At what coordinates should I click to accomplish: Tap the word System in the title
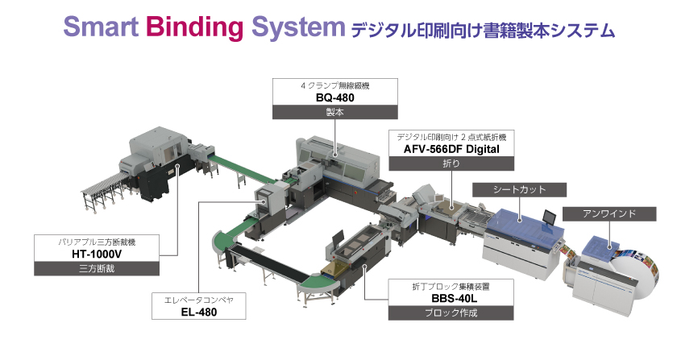coord(296,27)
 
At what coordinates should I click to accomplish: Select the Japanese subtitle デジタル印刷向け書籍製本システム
coord(481,30)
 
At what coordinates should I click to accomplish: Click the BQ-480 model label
coord(334,98)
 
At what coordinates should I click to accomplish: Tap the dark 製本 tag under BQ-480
coord(334,114)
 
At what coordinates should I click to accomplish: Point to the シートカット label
coord(520,190)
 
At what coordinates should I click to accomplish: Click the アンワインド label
coord(611,213)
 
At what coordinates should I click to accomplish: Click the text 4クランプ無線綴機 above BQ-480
coord(334,85)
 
